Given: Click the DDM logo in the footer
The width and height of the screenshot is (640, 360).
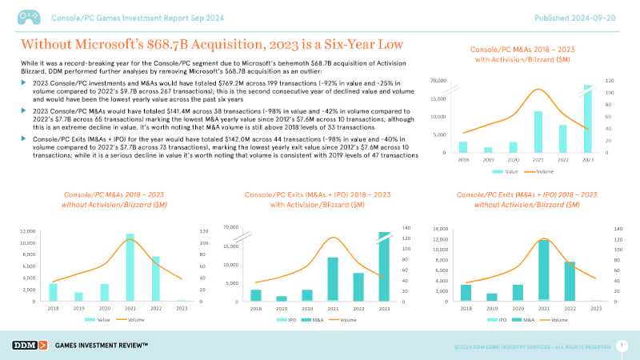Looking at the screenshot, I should (29, 345).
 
